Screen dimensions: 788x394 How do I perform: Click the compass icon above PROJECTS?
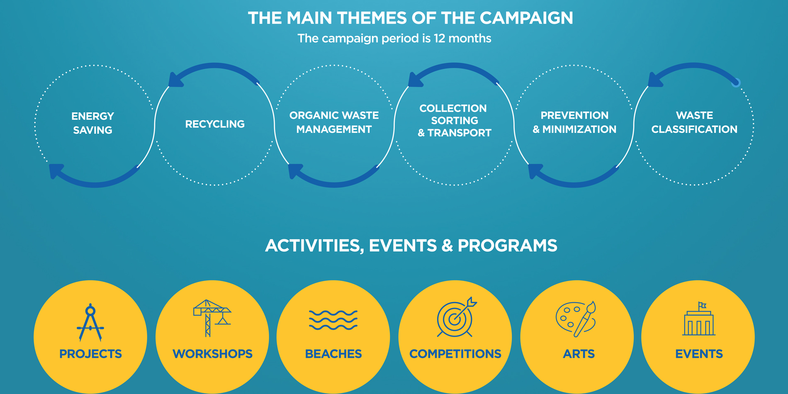[90, 323]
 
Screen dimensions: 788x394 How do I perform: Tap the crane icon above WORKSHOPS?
[212, 318]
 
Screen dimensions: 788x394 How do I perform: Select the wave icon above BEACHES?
[333, 320]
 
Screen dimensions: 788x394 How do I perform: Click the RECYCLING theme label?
[215, 124]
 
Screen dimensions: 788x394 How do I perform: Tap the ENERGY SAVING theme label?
[92, 123]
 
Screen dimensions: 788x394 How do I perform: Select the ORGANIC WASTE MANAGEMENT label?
[334, 122]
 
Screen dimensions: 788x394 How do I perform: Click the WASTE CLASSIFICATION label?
[694, 122]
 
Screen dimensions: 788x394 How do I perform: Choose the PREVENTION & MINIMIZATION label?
[574, 122]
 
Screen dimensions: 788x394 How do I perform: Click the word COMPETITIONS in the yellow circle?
[455, 354]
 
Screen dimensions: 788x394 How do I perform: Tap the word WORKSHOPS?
[212, 354]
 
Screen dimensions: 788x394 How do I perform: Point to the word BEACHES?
[333, 354]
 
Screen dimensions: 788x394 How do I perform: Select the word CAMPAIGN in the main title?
[526, 18]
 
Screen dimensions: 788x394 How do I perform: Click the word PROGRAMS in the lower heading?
[507, 246]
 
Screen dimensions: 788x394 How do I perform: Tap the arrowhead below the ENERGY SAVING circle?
[56, 170]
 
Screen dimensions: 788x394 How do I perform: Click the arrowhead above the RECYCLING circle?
[176, 80]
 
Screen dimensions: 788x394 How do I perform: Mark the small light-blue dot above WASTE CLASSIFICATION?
[736, 83]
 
